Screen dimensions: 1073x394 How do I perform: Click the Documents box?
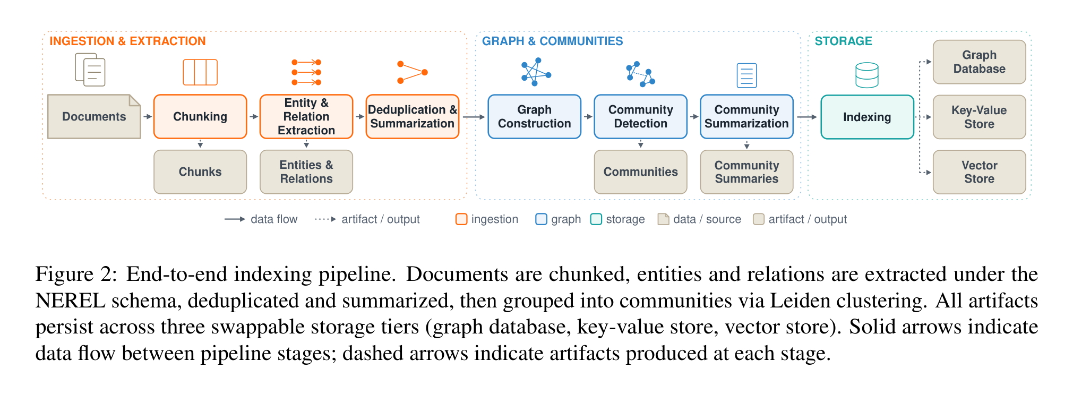[x=94, y=117]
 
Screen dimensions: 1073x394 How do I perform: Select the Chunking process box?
[x=200, y=117]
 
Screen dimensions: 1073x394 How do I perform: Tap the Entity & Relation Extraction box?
[x=306, y=117]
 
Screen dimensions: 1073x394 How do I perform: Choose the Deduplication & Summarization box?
[x=413, y=117]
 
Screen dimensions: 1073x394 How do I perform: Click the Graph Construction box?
[x=535, y=117]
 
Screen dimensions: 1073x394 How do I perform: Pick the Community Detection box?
[x=641, y=117]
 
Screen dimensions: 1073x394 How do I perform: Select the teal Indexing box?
[x=867, y=117]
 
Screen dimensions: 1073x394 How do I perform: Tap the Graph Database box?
[x=980, y=62]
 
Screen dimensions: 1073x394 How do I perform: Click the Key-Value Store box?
[x=980, y=117]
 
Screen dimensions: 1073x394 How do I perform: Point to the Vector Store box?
[x=980, y=172]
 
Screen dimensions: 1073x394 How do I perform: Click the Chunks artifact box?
[x=200, y=172]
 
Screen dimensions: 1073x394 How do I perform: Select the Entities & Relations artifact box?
[x=306, y=172]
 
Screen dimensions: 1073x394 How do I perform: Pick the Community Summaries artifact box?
[x=747, y=172]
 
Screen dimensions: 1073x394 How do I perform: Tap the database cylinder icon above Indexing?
[x=867, y=75]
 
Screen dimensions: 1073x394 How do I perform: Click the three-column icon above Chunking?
[x=200, y=72]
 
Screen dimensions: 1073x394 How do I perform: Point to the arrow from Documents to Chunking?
[x=148, y=117]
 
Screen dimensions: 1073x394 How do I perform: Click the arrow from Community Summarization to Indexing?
[x=807, y=117]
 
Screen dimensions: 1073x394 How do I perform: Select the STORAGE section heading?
[x=843, y=41]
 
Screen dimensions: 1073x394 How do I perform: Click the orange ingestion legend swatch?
[x=461, y=219]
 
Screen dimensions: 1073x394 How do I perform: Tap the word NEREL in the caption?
[x=71, y=301]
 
